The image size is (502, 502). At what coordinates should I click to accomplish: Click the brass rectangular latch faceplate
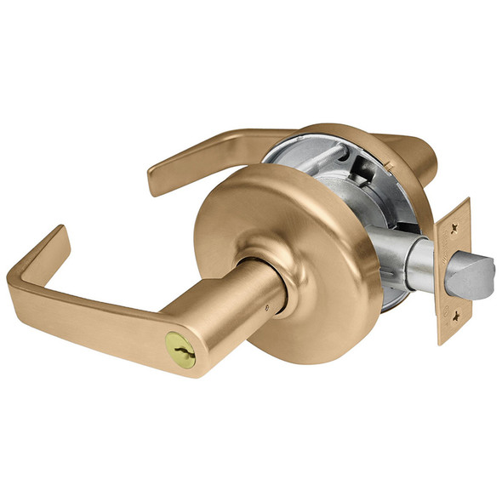click(453, 272)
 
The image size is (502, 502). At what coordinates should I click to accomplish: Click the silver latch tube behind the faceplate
click(416, 265)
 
